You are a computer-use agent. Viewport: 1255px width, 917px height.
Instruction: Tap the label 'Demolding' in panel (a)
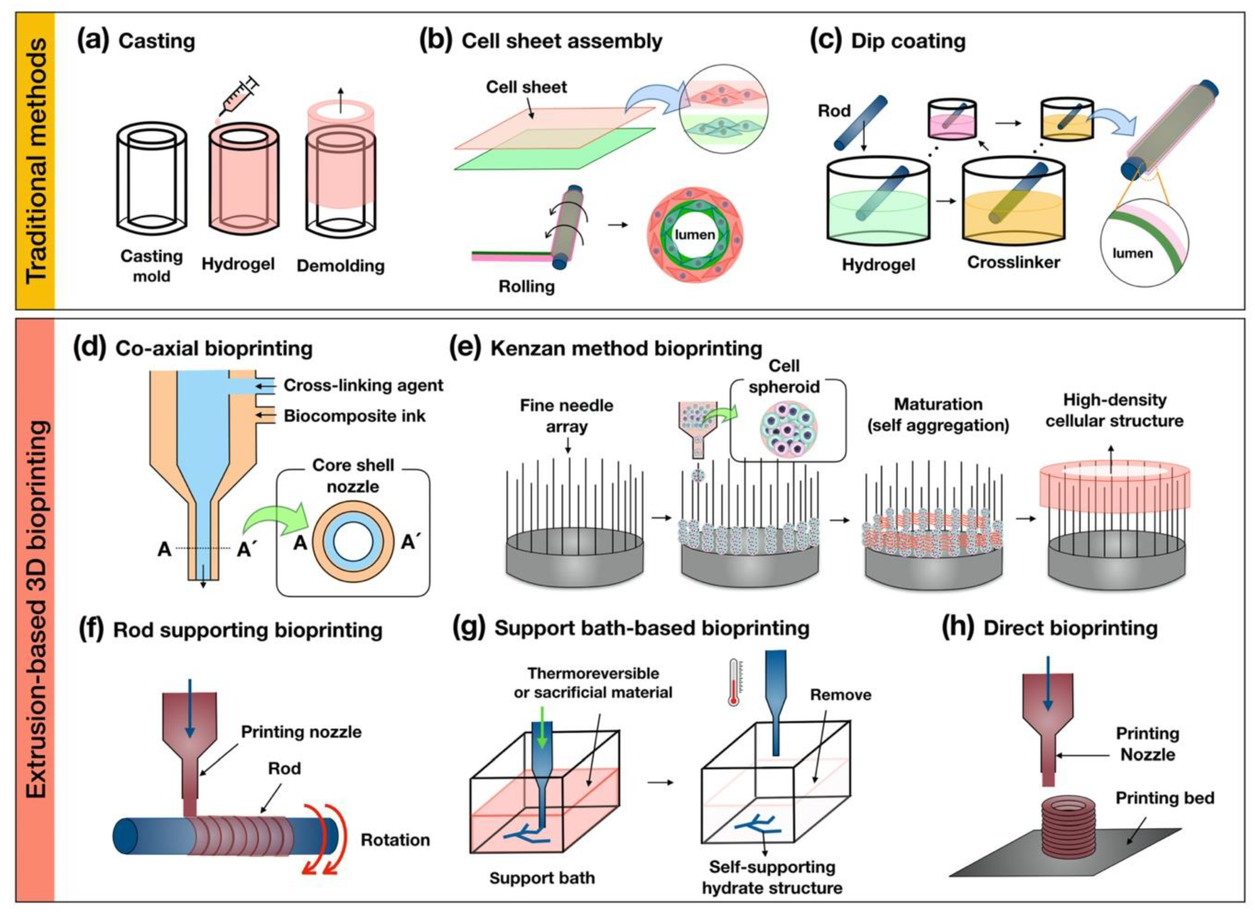click(x=340, y=266)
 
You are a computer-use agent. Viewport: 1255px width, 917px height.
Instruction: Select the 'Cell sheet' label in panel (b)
click(x=526, y=87)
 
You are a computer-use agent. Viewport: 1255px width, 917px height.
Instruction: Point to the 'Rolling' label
click(x=526, y=286)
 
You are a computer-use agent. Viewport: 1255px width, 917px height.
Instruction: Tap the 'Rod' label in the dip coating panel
click(x=834, y=111)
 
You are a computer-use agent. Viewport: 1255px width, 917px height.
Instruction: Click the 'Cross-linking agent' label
click(x=363, y=385)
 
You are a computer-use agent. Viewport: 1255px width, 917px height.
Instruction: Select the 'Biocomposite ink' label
click(x=355, y=416)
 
